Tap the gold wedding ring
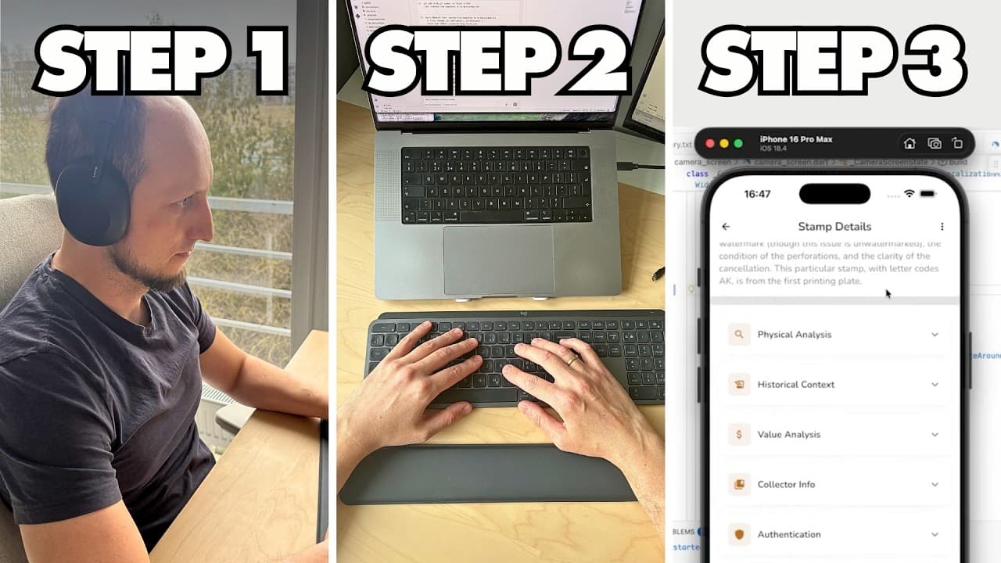coord(573,360)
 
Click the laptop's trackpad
coord(498,260)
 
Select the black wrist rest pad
coord(489,474)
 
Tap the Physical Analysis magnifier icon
coord(738,335)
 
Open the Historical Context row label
coord(795,385)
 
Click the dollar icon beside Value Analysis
coord(738,435)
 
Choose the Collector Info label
coord(786,485)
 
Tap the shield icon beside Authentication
coord(738,535)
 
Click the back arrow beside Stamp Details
coord(726,227)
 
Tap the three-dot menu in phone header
coord(942,227)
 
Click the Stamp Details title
coord(834,227)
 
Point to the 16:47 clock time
coord(757,194)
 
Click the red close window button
coord(710,144)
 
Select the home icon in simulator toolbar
coord(909,144)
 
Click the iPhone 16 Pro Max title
coord(796,139)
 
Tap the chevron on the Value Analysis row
coord(935,435)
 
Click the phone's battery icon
coord(928,193)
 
